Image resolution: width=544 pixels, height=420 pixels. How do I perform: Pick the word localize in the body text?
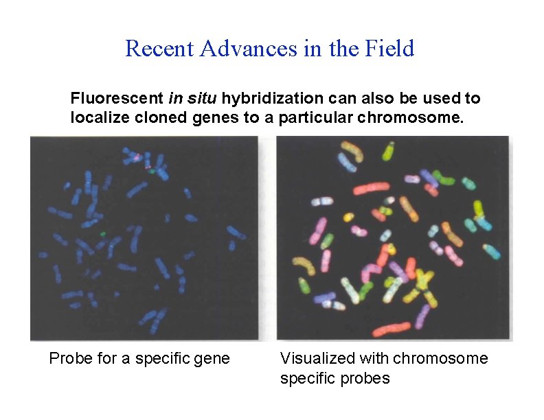[95, 117]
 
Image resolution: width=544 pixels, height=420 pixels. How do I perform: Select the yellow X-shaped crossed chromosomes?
[420, 281]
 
